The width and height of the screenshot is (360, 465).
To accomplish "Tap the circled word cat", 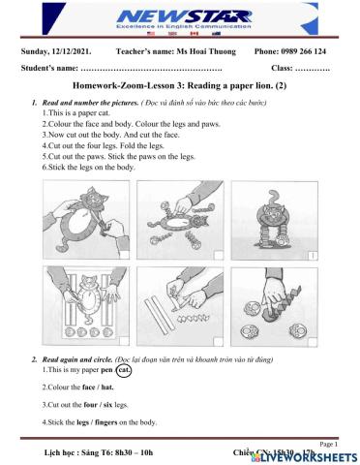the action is coord(124,369).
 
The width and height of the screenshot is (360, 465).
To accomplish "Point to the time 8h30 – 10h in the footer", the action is coord(126,452).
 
